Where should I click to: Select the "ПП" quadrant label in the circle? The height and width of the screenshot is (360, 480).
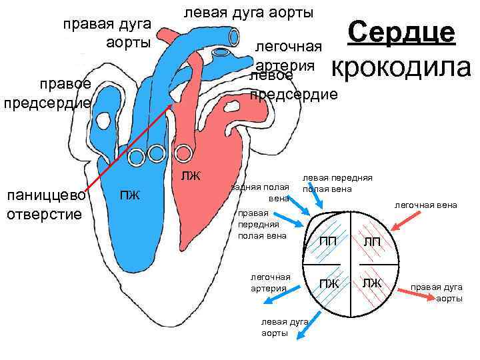coord(329,240)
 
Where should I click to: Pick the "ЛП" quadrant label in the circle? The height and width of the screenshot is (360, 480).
coord(372,240)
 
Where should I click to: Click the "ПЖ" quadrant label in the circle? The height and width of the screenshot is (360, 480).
coord(329,284)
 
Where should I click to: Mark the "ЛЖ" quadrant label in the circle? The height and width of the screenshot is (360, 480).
coord(372,283)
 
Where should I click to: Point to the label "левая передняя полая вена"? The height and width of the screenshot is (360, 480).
coord(337,184)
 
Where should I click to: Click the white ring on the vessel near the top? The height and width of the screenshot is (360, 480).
coord(221,53)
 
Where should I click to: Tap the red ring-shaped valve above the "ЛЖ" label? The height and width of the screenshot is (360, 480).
coord(184,152)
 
